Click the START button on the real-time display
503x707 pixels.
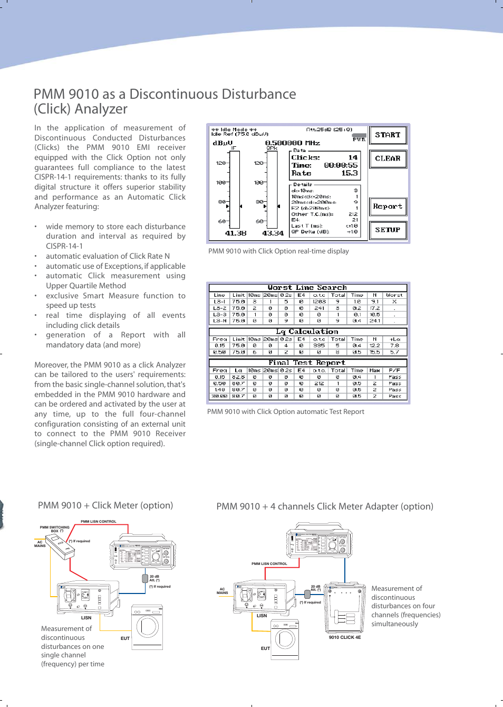pyautogui.click(x=388, y=135)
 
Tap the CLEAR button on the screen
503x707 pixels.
pyautogui.click(x=388, y=158)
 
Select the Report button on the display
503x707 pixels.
pyautogui.click(x=388, y=206)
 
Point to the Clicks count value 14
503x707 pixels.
pyautogui.click(x=353, y=157)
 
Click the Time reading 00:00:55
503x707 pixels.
pyautogui.click(x=341, y=165)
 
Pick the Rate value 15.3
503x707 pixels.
pyautogui.click(x=349, y=173)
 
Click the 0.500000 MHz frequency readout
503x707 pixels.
pyautogui.click(x=292, y=143)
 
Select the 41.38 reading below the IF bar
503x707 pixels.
pyautogui.click(x=236, y=233)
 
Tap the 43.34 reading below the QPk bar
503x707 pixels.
pyautogui.click(x=273, y=233)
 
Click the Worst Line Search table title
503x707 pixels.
pyautogui.click(x=307, y=288)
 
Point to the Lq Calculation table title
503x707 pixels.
pyautogui.click(x=307, y=332)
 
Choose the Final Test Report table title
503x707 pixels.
pyautogui.click(x=307, y=363)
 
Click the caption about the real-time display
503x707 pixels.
pyautogui.click(x=278, y=251)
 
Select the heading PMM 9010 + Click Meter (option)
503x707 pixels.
pyautogui.click(x=105, y=505)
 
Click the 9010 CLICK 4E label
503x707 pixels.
pyautogui.click(x=345, y=637)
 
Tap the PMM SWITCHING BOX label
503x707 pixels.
pyautogui.click(x=54, y=529)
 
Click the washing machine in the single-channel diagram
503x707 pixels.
pyautogui.click(x=147, y=627)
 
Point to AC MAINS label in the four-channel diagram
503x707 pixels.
pyautogui.click(x=222, y=591)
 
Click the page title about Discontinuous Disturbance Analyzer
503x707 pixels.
pyautogui.click(x=165, y=101)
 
